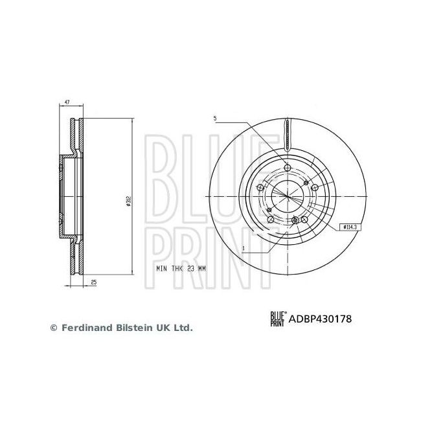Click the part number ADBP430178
click(x=321, y=318)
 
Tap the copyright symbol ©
click(x=54, y=328)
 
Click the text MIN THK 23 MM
click(x=180, y=267)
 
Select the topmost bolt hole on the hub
click(x=286, y=168)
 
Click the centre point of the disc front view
click(x=286, y=195)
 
